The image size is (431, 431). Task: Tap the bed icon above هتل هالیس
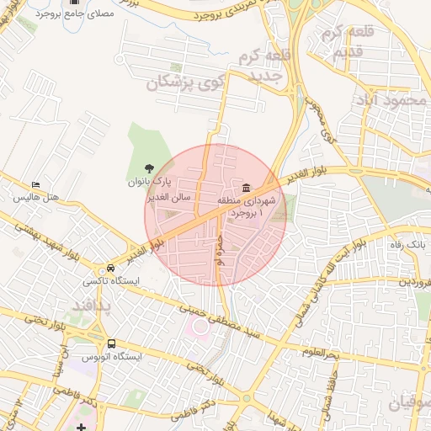tap(35, 184)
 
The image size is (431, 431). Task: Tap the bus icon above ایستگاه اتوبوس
tap(112, 343)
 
